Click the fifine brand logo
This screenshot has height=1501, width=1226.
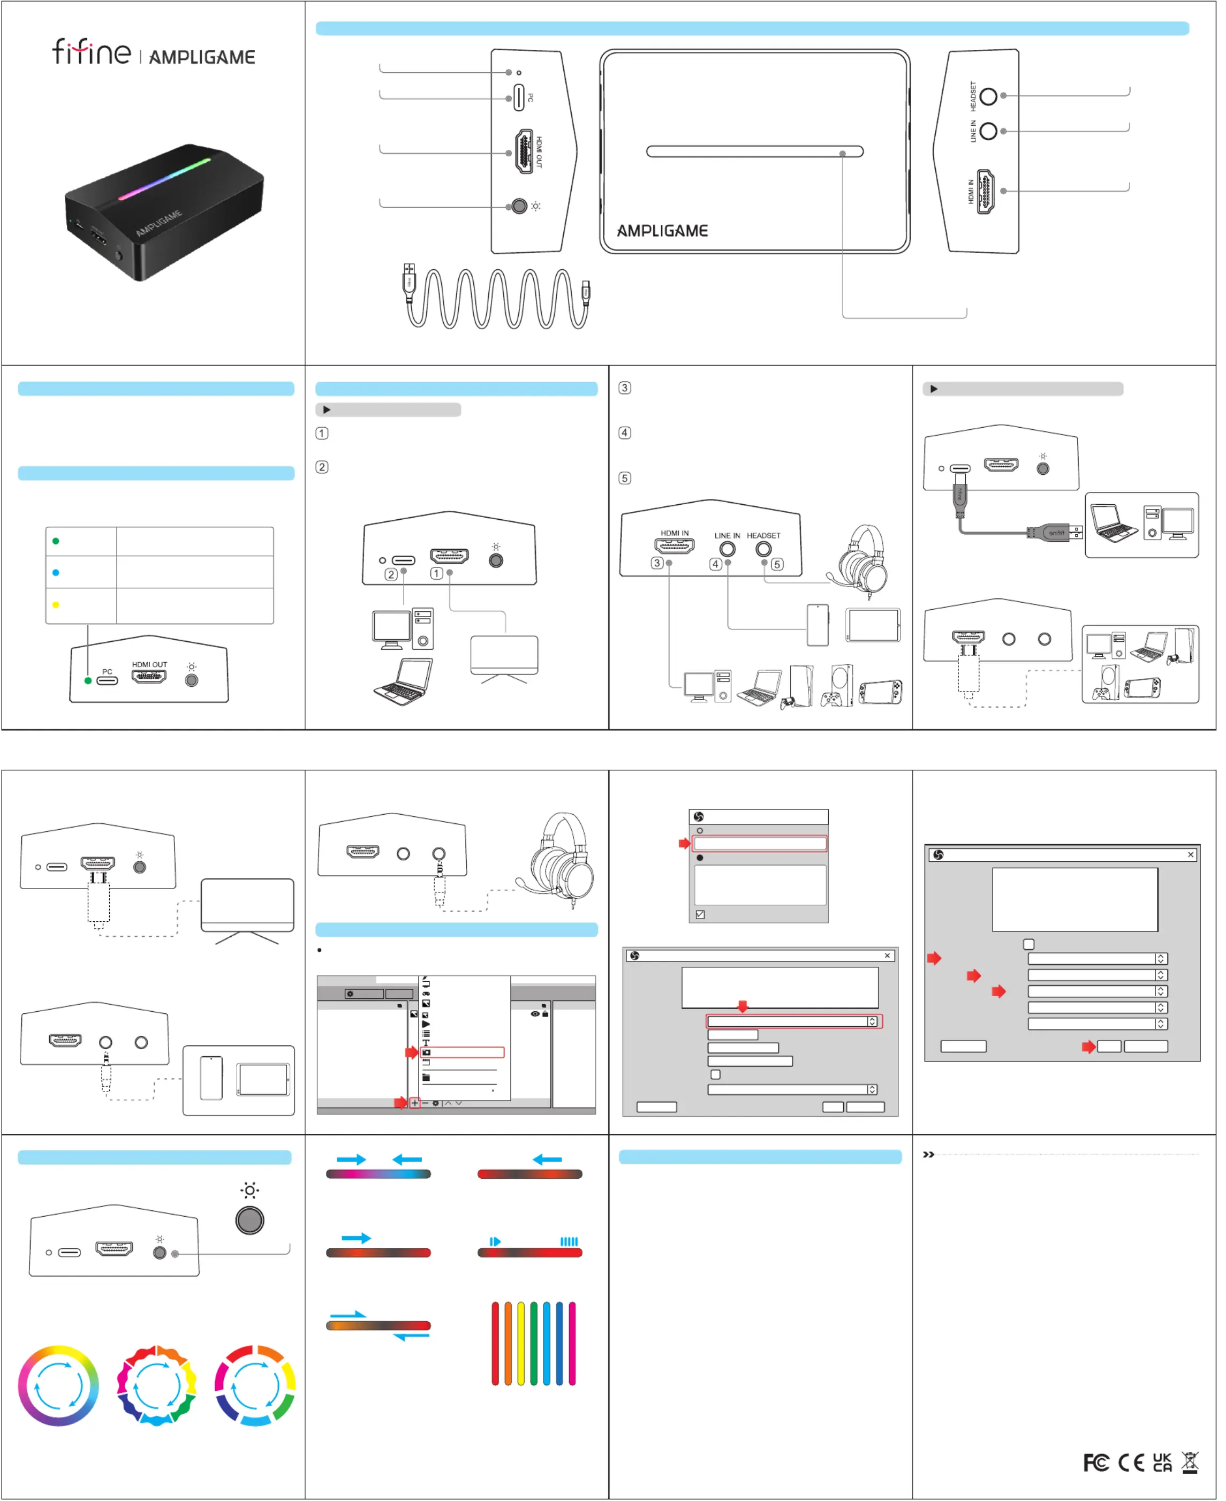click(92, 52)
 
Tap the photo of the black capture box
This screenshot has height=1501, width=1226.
click(164, 212)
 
